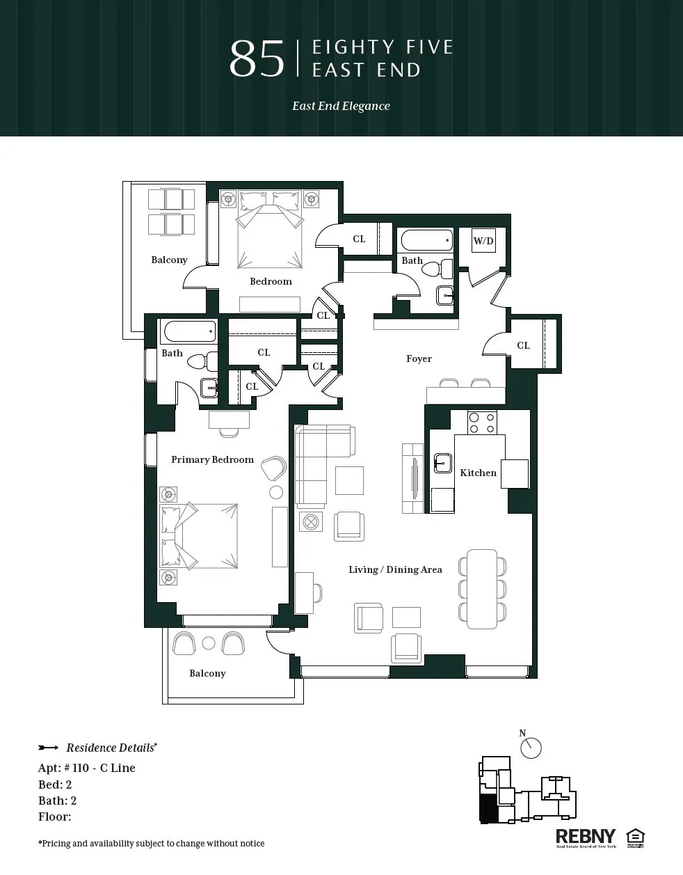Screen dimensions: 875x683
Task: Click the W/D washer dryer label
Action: coord(483,242)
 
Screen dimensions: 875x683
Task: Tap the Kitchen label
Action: coord(478,473)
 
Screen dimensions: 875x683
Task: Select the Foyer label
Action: coord(419,358)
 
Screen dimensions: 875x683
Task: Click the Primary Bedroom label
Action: coord(212,459)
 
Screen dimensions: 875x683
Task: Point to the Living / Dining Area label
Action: coord(395,569)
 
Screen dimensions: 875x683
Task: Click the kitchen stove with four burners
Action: coord(481,423)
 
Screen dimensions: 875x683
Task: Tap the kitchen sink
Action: coord(442,462)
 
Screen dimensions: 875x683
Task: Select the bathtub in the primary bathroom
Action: coord(188,331)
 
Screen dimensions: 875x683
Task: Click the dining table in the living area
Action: coord(482,589)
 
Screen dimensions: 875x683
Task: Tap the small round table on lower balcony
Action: coord(209,643)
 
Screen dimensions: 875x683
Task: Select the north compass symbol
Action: coord(531,748)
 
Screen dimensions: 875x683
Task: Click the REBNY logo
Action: coord(586,837)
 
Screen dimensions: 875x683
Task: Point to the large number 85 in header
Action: coord(257,59)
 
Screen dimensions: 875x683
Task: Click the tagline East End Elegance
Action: coord(341,106)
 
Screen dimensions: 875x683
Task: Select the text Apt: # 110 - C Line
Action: coord(87,768)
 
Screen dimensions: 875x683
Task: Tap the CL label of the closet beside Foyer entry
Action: coord(523,345)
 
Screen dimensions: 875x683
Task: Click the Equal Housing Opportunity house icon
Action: coord(635,837)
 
